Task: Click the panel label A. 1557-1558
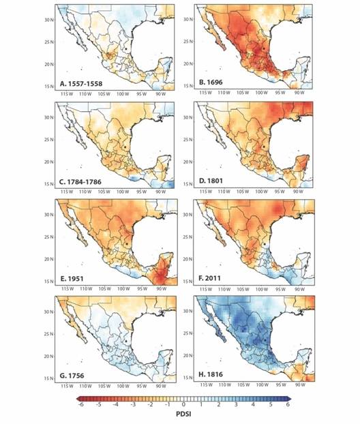[82, 85]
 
